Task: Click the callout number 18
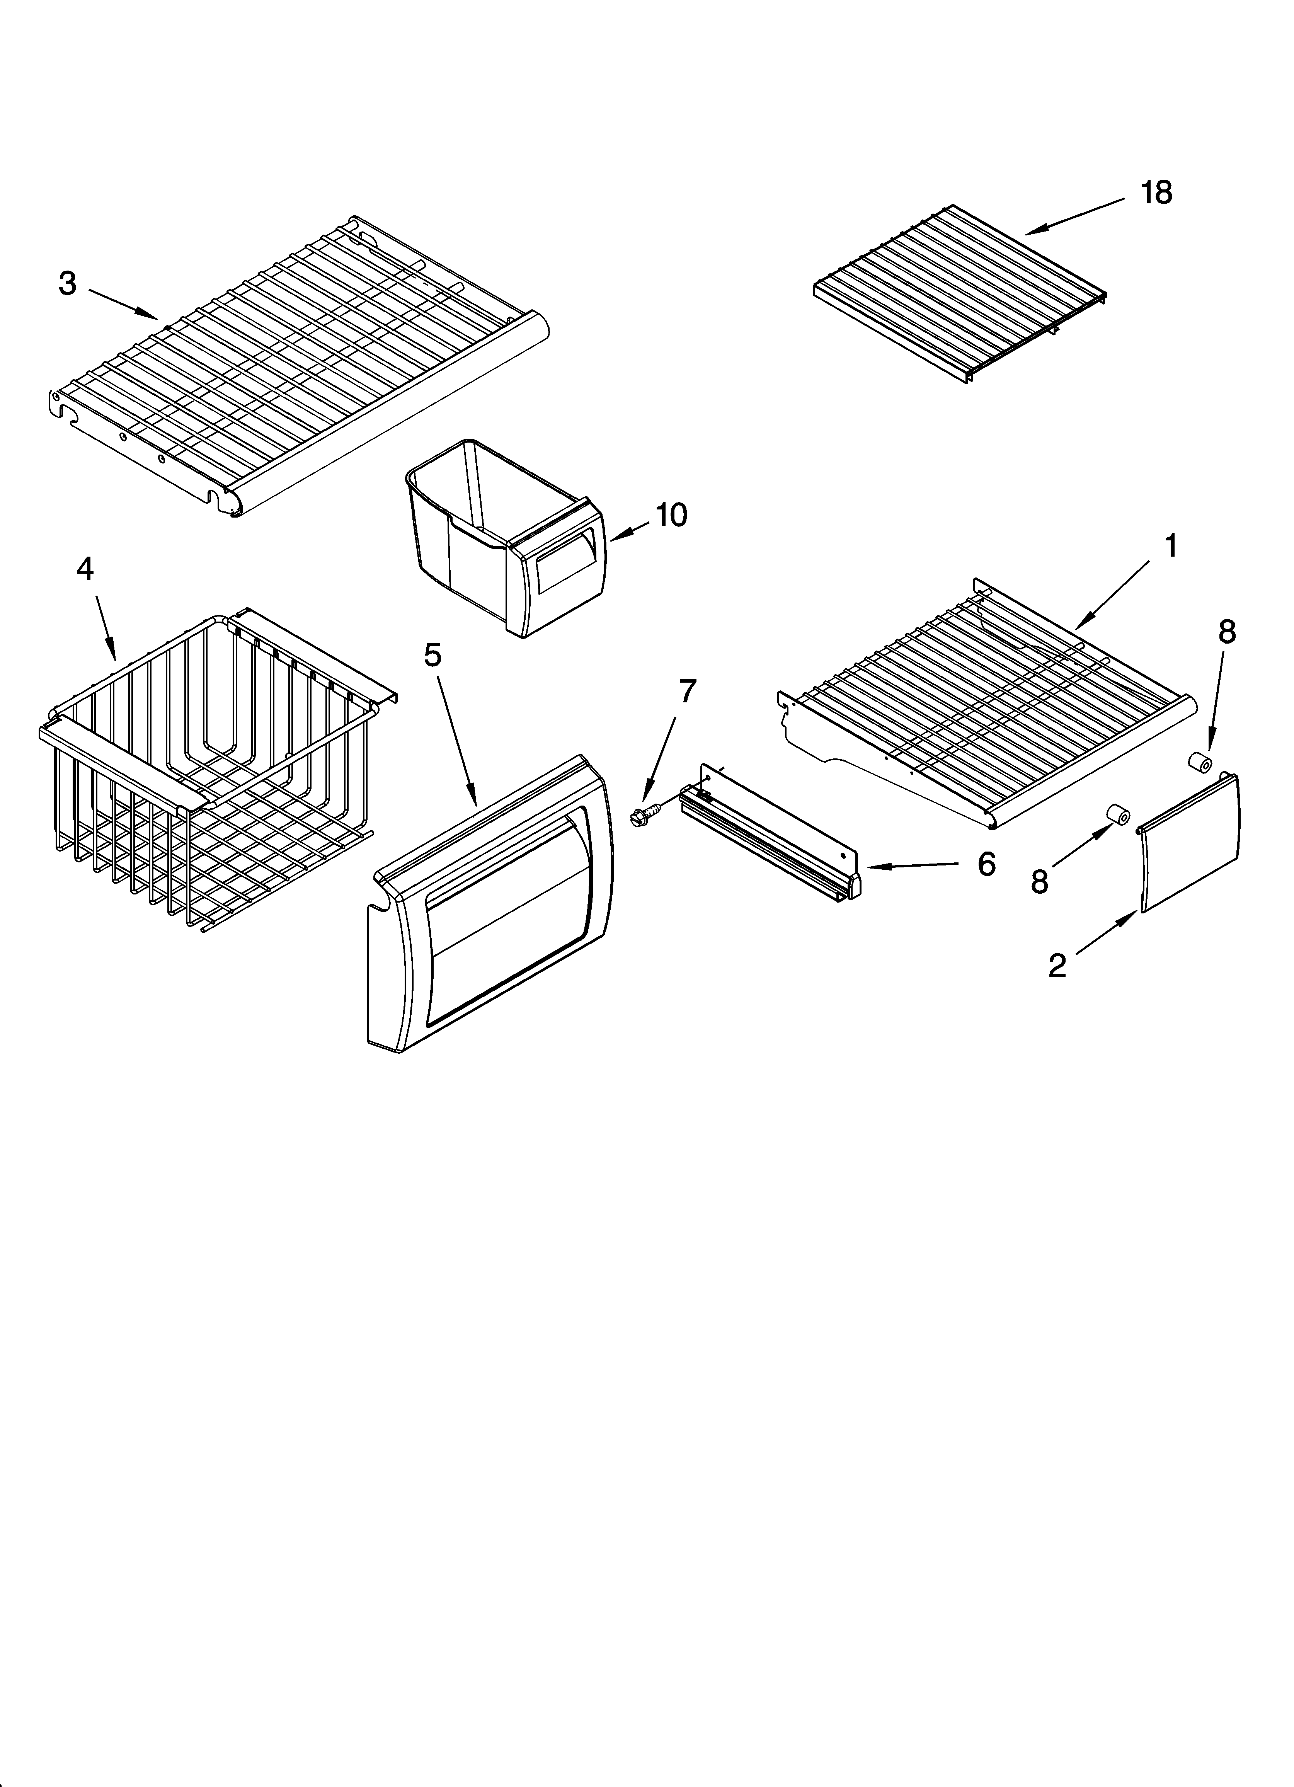[1156, 192]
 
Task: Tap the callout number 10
[671, 515]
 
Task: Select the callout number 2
[1057, 965]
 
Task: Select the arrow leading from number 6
[914, 866]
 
